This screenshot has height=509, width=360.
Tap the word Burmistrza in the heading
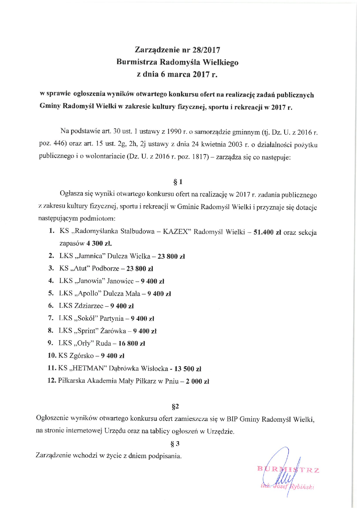[137, 62]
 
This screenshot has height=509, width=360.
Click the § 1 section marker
[178, 182]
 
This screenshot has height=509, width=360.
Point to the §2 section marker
[175, 406]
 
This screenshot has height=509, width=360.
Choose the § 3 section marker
[175, 444]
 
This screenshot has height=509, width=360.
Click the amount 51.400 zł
[267, 232]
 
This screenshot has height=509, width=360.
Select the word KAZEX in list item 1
[177, 232]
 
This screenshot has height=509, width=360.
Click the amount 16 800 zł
[132, 343]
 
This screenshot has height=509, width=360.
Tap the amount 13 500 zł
[188, 369]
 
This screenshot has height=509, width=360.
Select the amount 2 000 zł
[197, 381]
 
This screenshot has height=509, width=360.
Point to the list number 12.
[51, 381]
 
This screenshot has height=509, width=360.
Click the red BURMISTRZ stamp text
[288, 470]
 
